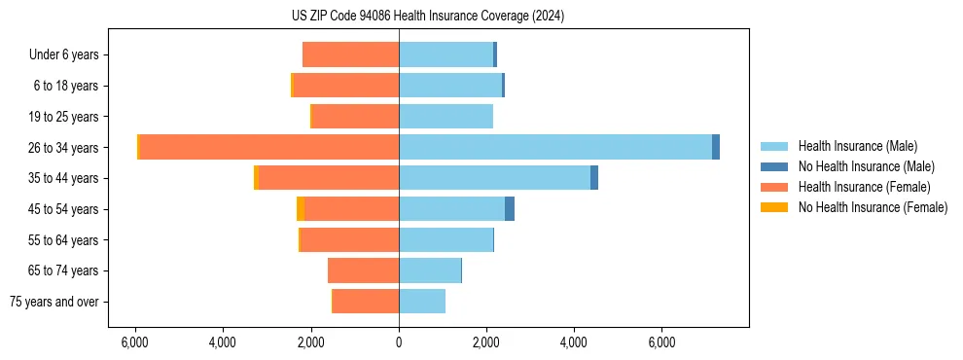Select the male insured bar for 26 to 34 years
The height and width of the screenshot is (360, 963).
(554, 147)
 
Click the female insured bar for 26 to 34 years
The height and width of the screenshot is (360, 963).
(269, 147)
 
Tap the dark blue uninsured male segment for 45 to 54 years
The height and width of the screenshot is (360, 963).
(510, 209)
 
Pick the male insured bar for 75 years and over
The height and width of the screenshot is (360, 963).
(422, 302)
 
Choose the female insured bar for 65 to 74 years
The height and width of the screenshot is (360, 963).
(364, 270)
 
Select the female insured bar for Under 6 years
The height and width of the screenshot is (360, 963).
(351, 54)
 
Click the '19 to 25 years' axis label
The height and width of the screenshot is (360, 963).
(64, 117)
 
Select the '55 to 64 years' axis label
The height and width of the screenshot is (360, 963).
(64, 240)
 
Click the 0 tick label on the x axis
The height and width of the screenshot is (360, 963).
(399, 342)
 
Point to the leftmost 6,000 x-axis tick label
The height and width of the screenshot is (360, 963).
(135, 342)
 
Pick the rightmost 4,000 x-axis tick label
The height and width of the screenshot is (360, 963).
(574, 342)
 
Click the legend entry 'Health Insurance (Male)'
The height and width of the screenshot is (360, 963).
(857, 146)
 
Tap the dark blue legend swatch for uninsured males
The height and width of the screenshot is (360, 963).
(774, 166)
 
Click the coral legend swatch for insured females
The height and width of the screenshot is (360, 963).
(774, 187)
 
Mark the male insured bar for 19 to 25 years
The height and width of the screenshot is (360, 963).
(446, 117)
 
